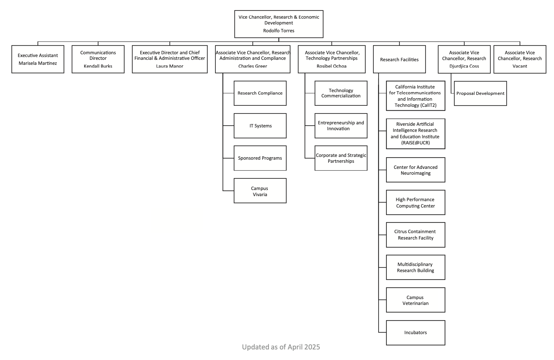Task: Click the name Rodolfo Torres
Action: [x=279, y=31]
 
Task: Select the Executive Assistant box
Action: [x=38, y=59]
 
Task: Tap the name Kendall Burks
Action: [x=98, y=66]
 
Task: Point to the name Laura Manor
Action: [x=170, y=66]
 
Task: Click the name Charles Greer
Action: [x=253, y=66]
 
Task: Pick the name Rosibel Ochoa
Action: [x=332, y=66]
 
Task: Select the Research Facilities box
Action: [x=399, y=60]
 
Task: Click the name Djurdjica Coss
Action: [x=464, y=66]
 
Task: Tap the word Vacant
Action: [x=520, y=66]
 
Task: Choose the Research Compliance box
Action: [x=260, y=93]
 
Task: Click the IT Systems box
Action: [x=260, y=126]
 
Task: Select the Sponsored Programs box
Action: [x=260, y=158]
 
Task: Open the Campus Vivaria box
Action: [x=260, y=191]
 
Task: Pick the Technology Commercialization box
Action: [x=341, y=93]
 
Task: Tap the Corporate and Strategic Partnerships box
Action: [x=341, y=158]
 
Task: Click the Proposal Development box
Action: [x=480, y=93]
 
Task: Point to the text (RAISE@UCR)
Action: [x=415, y=143]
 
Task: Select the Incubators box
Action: [x=415, y=332]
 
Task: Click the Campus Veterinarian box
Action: [x=415, y=300]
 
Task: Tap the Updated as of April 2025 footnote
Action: [x=281, y=347]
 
